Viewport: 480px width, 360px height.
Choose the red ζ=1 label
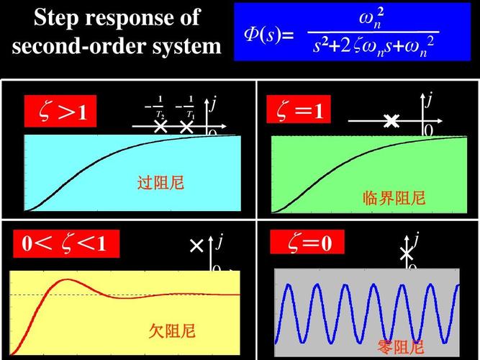click(299, 111)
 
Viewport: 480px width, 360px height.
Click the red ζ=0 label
click(307, 243)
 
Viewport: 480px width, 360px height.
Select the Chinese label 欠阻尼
click(172, 331)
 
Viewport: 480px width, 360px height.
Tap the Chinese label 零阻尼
click(400, 348)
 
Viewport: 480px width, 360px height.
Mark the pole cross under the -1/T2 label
click(161, 127)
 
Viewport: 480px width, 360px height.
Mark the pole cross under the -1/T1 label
click(186, 127)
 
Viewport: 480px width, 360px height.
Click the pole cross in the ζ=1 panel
click(391, 122)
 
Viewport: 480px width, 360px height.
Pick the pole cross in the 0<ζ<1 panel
click(196, 247)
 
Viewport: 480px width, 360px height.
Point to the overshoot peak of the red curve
click(67, 279)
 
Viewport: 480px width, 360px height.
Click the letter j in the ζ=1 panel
click(429, 100)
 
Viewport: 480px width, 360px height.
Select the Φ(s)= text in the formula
click(267, 34)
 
